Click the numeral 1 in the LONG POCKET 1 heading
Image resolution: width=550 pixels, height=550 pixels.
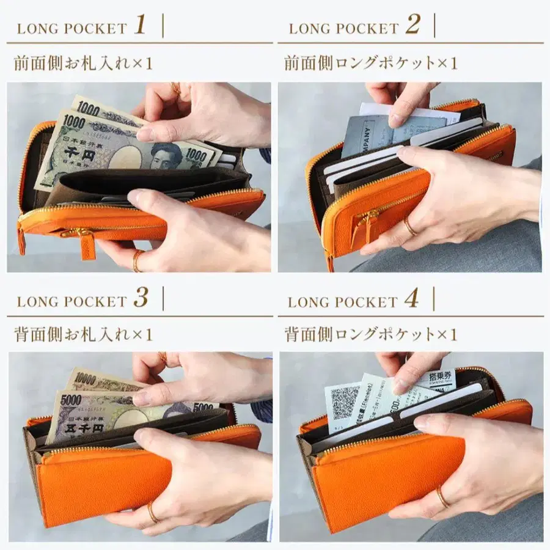point(140,26)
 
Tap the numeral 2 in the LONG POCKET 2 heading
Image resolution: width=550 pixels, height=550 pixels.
point(413,26)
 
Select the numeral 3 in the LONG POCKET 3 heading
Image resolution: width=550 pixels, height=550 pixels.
point(141,299)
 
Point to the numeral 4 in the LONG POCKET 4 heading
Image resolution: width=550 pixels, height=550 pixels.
point(412,299)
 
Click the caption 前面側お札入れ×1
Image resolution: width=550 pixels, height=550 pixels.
point(83,63)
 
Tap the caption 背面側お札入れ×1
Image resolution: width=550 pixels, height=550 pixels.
point(83,334)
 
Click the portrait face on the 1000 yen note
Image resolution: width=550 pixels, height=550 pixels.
point(166,155)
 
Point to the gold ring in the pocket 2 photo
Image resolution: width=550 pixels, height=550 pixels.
point(409,227)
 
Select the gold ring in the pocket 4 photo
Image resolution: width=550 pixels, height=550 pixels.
point(441,496)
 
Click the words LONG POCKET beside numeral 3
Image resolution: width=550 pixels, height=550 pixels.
point(71,301)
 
